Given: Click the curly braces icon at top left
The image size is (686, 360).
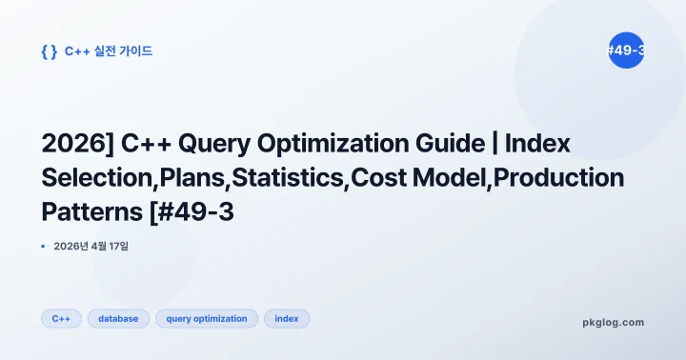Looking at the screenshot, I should [49, 51].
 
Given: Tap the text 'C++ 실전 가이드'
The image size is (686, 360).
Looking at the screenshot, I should [109, 51].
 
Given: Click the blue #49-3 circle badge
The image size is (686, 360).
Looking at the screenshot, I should [626, 50].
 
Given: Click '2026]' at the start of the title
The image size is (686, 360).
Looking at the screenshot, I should [76, 145].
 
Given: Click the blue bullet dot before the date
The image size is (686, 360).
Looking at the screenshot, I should [44, 247].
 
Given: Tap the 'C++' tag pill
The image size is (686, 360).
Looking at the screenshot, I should [61, 319].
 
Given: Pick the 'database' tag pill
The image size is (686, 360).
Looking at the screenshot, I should [118, 319].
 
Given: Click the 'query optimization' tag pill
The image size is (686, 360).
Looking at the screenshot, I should [207, 319].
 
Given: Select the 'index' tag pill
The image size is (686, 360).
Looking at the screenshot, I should [287, 319].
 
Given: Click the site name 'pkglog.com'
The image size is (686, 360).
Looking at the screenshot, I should [613, 322].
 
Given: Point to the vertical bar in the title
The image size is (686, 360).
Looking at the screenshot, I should [491, 145].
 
